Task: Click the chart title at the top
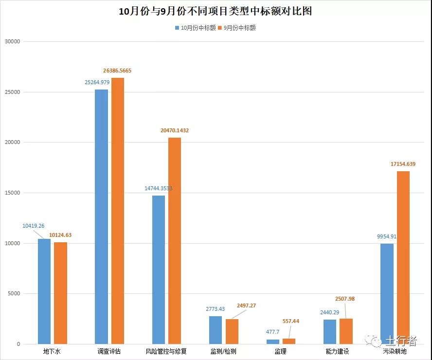[216, 11]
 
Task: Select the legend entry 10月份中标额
[195, 28]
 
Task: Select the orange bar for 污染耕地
[403, 257]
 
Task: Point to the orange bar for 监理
[289, 341]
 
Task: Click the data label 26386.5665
[117, 71]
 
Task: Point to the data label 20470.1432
[175, 130]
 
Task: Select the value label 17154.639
[403, 164]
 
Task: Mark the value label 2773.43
[216, 309]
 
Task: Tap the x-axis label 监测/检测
[223, 351]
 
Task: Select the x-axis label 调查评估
[109, 351]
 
